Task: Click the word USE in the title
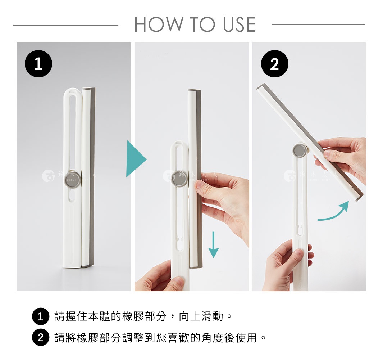(239, 24)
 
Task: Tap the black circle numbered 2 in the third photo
(274, 64)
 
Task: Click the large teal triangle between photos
(135, 159)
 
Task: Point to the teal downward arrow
(214, 245)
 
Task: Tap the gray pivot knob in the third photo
(299, 150)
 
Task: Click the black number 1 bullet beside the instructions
(40, 317)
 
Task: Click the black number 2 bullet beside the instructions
(40, 338)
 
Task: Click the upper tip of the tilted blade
(261, 87)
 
